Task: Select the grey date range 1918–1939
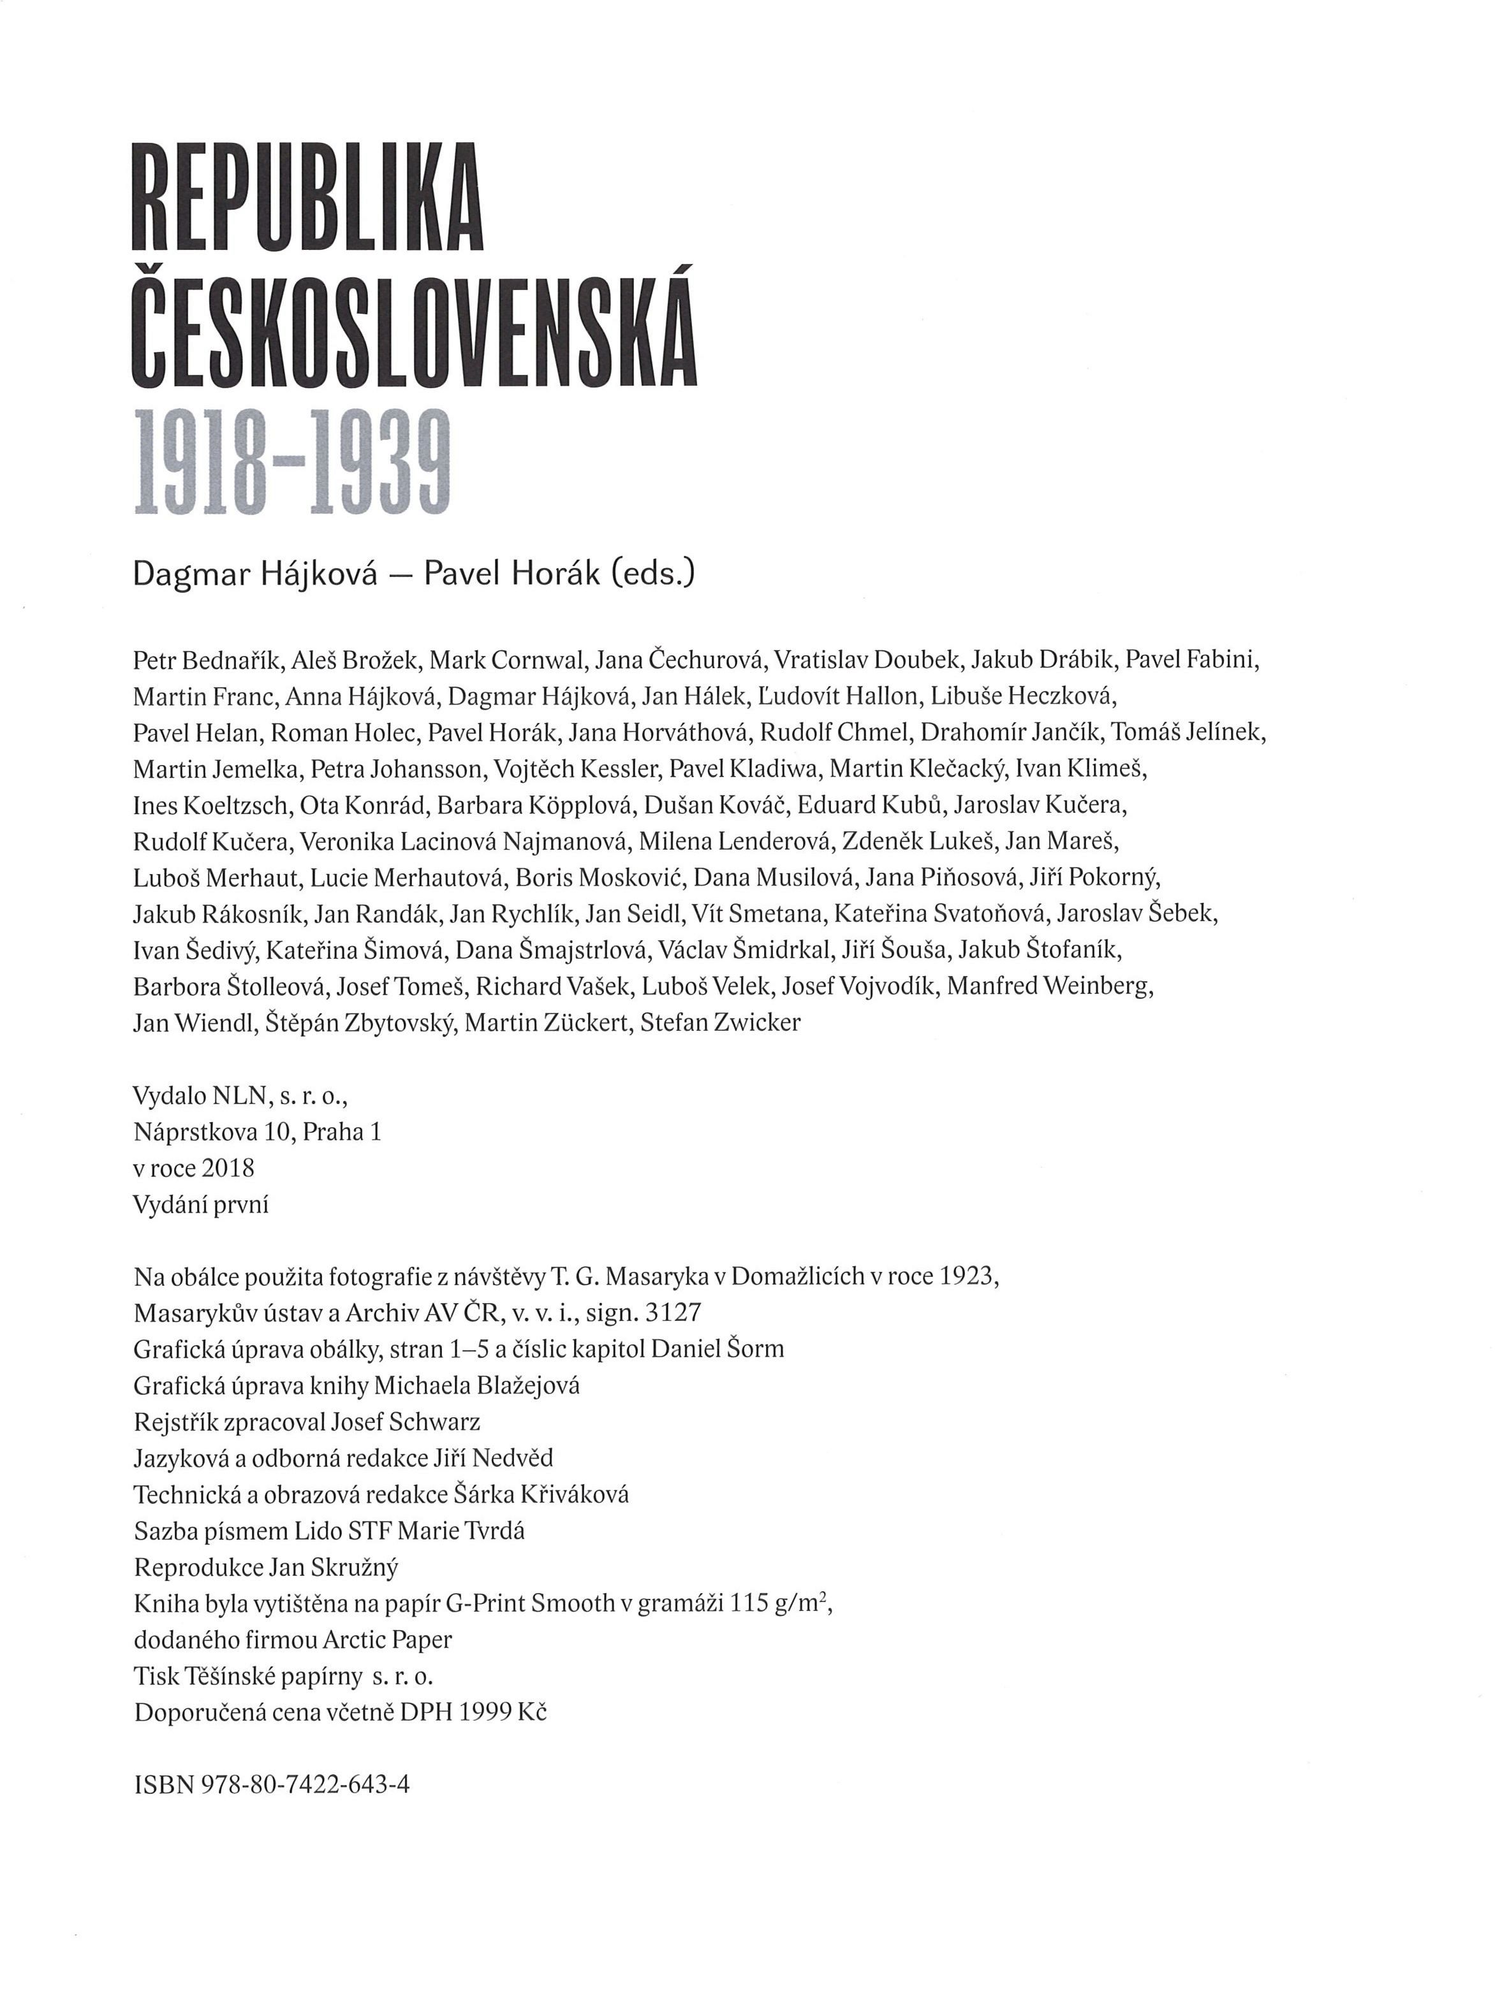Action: coord(291,462)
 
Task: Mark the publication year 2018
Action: coord(228,1168)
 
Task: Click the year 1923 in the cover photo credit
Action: coord(969,1277)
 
